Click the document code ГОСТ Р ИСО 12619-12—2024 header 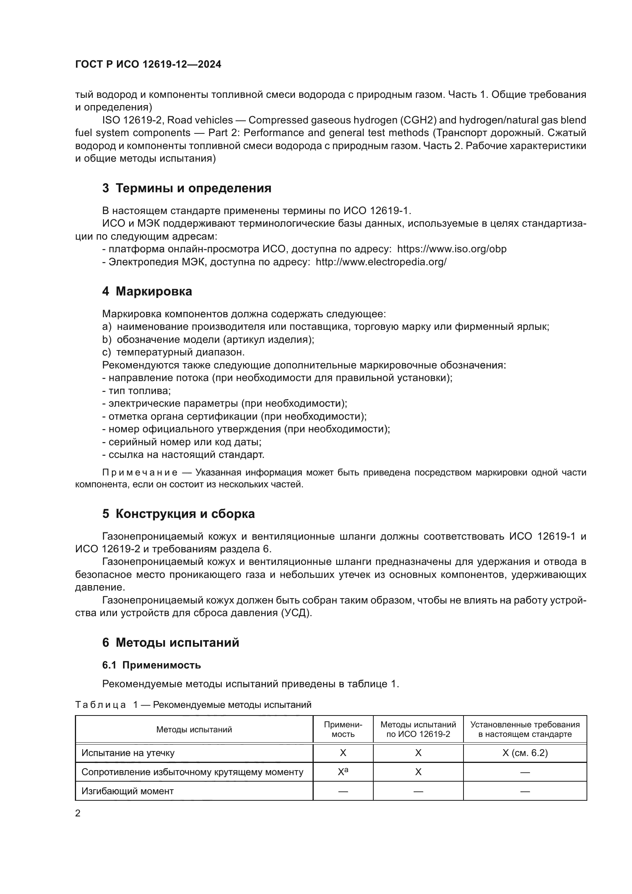[148, 64]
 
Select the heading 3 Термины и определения [186, 188]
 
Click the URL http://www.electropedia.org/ [381, 262]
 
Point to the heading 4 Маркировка [147, 291]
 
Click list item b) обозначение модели [208, 339]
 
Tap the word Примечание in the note [140, 472]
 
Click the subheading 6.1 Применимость [151, 665]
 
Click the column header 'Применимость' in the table [342, 729]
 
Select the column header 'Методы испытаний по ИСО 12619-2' [418, 729]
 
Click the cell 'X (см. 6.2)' [525, 753]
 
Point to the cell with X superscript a [342, 772]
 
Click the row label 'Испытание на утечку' [128, 753]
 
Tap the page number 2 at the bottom [78, 813]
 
